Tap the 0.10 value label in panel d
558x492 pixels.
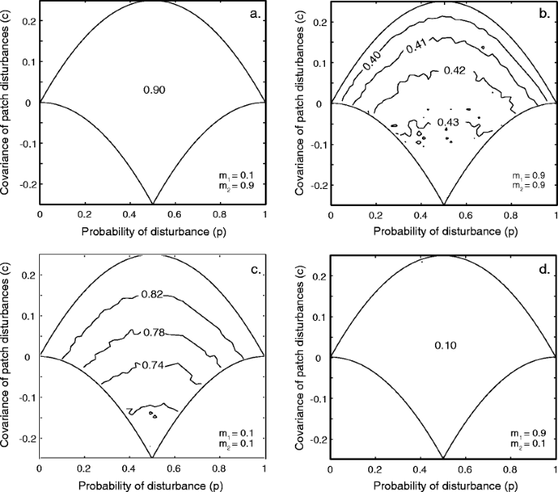(x=443, y=345)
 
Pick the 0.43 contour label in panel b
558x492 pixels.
(x=449, y=122)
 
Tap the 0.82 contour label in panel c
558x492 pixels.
(x=152, y=294)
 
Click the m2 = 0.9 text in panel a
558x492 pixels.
(x=243, y=189)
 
